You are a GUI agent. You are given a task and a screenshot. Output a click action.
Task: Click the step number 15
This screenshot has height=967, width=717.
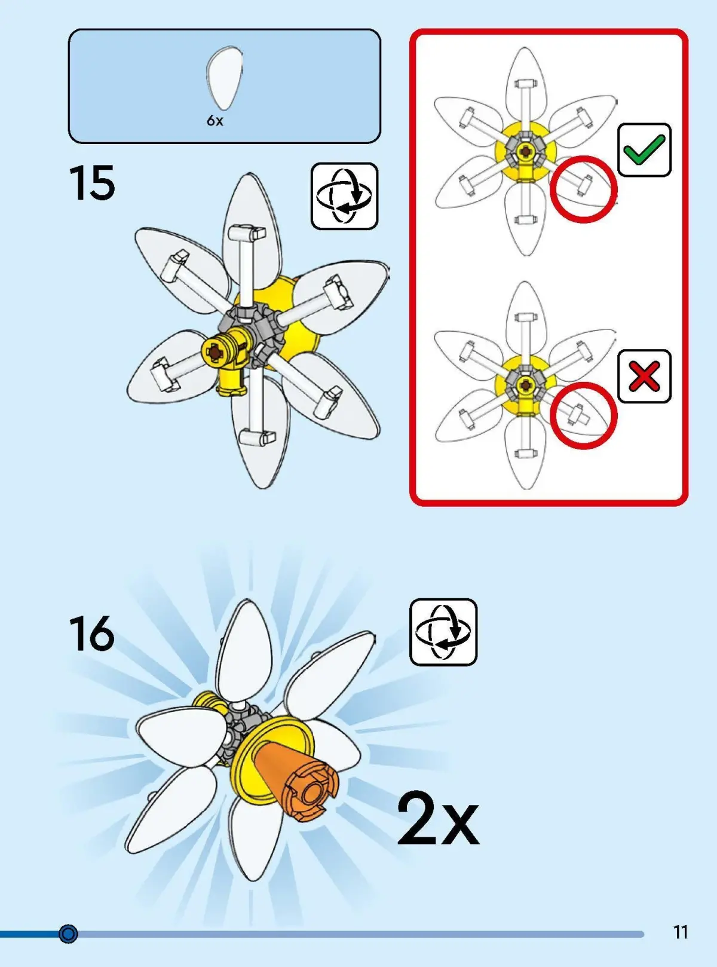92,183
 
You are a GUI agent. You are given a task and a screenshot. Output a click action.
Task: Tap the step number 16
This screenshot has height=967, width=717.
92,633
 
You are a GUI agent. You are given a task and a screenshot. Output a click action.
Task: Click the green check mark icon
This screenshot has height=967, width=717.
644,150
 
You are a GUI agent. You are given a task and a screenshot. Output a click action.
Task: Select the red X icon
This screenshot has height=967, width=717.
644,377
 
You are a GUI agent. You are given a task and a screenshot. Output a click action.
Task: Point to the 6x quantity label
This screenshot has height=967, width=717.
215,121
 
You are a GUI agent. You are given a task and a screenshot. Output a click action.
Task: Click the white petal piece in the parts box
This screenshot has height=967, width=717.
225,78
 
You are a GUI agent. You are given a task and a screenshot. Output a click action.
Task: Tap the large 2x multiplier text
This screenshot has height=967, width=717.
437,819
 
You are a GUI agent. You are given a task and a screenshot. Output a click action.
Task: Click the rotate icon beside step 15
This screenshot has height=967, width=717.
344,196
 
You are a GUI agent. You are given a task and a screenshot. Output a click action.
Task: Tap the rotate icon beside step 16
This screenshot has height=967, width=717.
443,632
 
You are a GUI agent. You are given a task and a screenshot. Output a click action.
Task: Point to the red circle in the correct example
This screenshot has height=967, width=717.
584,189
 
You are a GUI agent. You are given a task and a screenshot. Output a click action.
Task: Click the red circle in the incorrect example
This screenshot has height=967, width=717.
584,415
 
